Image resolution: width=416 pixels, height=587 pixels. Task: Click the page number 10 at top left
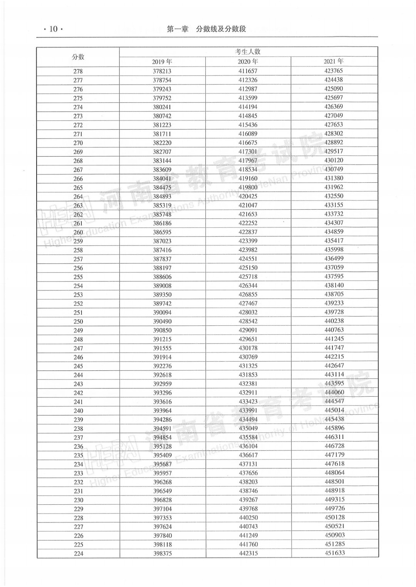(53, 29)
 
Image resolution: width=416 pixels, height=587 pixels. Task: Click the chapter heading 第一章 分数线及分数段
(206, 29)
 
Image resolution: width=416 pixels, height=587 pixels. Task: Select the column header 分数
(78, 57)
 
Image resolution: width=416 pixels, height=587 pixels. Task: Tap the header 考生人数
(248, 52)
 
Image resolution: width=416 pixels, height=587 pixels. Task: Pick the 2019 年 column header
(162, 62)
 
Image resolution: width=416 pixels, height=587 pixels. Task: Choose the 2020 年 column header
(248, 62)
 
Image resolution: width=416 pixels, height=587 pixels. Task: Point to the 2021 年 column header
(334, 61)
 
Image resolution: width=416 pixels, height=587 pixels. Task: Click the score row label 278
(78, 71)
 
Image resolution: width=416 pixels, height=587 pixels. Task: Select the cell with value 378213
(162, 71)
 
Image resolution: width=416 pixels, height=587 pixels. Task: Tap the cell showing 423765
(334, 71)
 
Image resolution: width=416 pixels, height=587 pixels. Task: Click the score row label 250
(78, 322)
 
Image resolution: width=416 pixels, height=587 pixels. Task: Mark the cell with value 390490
(162, 321)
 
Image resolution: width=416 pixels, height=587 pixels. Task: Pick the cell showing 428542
(248, 321)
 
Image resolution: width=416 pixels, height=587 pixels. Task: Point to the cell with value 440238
(334, 321)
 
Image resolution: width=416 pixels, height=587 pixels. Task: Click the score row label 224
(79, 554)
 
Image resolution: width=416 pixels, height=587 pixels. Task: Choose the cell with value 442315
(248, 553)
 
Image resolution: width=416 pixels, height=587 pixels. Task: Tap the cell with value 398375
(163, 554)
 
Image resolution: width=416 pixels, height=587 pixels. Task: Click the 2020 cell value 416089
(248, 134)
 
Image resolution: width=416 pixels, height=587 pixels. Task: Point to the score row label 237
(78, 437)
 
